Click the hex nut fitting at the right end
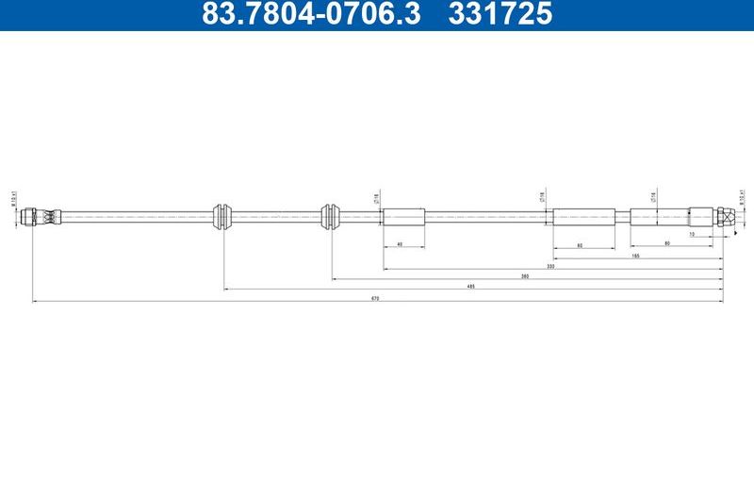[725, 215]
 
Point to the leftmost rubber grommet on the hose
[223, 215]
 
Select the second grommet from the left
[330, 215]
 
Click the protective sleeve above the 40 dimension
[404, 216]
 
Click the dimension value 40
[400, 244]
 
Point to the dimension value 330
[549, 268]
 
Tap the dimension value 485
[470, 286]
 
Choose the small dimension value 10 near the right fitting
[692, 233]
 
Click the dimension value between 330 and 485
[524, 277]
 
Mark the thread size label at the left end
[14, 200]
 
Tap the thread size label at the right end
[742, 197]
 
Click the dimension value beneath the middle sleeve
[578, 244]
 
